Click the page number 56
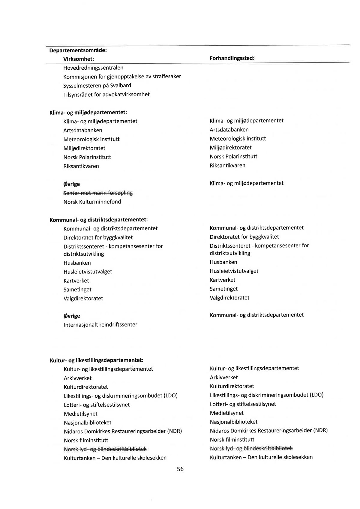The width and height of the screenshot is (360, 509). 180,469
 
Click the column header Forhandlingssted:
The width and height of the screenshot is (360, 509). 232,58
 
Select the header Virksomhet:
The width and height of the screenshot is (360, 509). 79,59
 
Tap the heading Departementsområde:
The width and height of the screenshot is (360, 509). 78,50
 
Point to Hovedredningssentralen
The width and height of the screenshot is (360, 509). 93,68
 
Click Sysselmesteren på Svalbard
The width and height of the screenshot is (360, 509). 97,86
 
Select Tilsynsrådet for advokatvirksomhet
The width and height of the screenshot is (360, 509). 106,95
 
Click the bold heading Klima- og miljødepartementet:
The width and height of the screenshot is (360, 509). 88,113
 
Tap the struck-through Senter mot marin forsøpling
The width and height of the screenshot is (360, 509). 98,193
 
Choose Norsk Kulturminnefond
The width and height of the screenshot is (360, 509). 92,202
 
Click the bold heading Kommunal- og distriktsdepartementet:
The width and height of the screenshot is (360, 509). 98,220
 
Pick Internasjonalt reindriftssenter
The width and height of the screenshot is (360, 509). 100,324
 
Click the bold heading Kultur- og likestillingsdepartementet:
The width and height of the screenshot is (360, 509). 96,360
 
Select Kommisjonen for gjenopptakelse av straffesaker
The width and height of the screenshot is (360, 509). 122,77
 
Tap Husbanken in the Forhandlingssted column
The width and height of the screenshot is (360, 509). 223,262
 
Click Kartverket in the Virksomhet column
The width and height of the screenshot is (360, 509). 76,281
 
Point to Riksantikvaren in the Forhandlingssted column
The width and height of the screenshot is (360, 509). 227,165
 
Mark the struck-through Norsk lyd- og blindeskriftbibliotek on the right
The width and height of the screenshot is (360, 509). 251,448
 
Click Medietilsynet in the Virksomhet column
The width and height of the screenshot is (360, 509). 80,414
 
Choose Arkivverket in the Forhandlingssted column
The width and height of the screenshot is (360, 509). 223,377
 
